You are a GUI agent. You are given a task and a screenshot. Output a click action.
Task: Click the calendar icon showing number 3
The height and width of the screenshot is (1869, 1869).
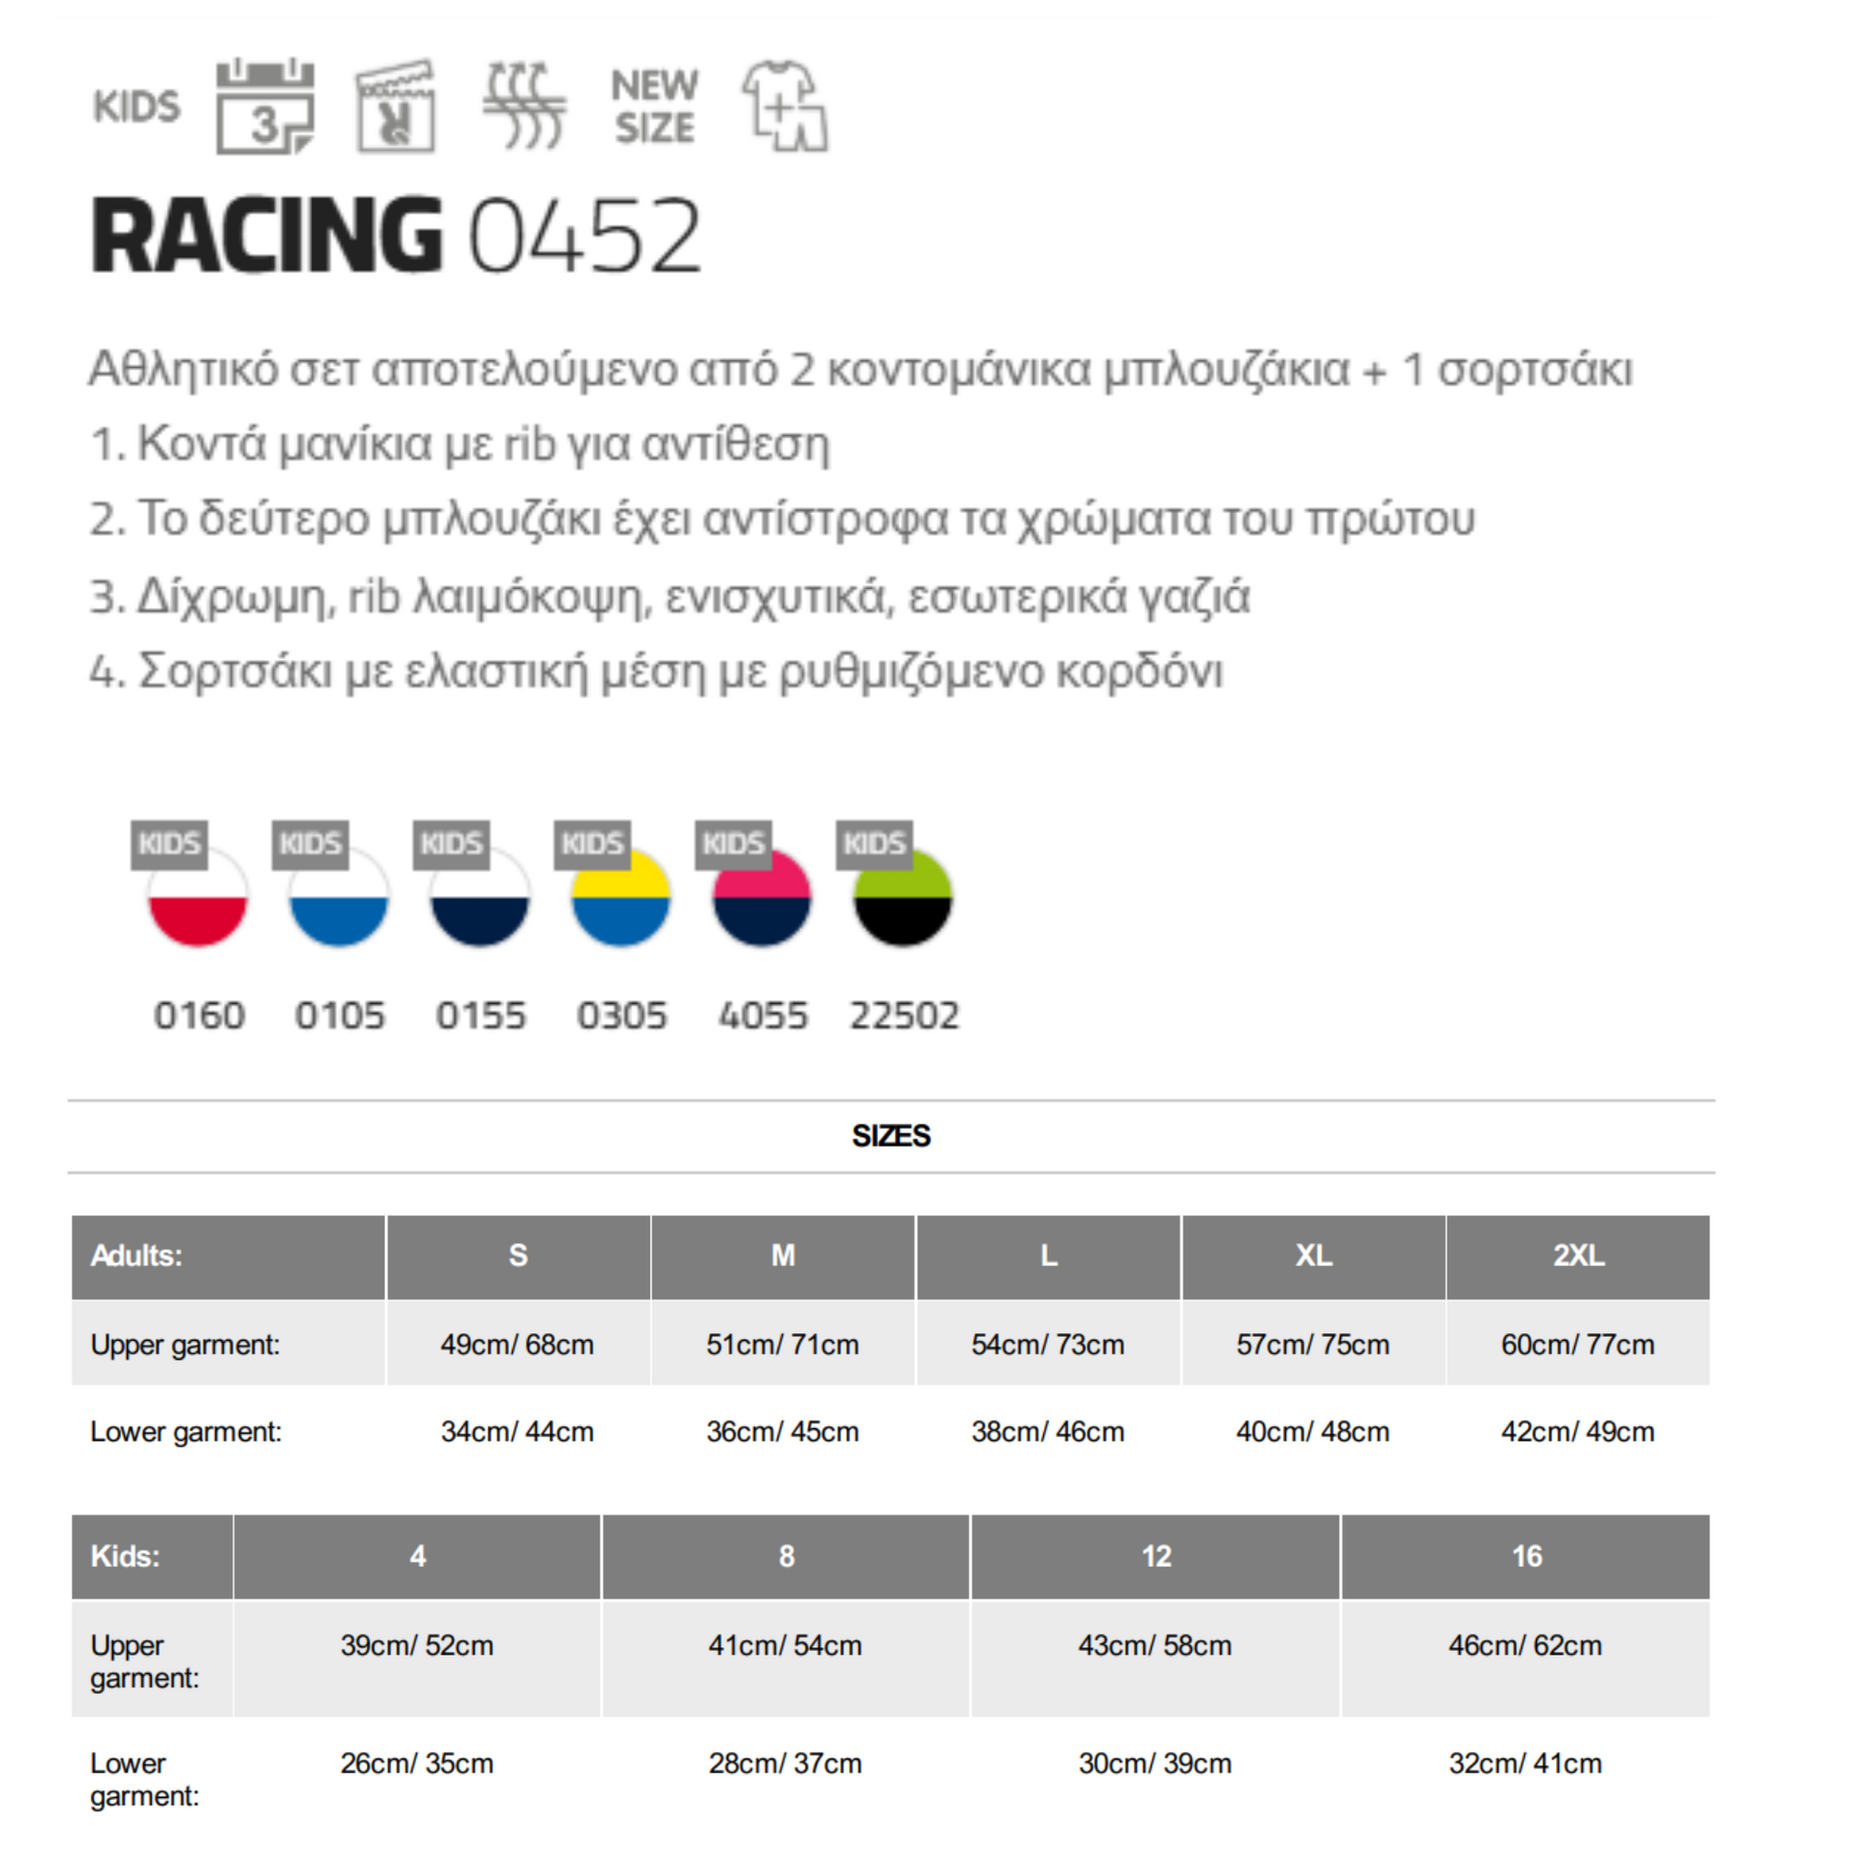click(265, 107)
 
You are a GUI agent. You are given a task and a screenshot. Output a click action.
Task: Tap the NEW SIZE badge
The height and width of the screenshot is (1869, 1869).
click(654, 107)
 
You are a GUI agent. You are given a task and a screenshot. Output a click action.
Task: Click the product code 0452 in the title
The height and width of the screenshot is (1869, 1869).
click(584, 236)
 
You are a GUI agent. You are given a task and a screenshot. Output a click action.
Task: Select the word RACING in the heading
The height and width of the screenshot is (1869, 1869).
click(267, 236)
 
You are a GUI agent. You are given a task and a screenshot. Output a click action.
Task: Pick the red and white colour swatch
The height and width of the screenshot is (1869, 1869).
click(197, 897)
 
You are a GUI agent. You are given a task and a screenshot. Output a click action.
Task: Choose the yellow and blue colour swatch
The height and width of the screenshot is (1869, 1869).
click(620, 897)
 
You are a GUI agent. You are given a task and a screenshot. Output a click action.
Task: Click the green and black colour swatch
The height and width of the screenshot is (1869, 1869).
click(903, 897)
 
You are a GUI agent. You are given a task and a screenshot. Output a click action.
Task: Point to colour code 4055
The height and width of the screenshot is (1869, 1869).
click(763, 1016)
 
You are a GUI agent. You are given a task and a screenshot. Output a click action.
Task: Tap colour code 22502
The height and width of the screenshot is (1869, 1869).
click(904, 1016)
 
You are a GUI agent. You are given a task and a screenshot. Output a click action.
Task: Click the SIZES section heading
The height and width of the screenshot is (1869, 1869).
click(890, 1136)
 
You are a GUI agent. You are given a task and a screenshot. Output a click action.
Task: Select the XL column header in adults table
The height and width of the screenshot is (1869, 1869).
click(1313, 1255)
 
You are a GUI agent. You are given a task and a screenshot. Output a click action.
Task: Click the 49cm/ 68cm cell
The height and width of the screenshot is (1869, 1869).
click(517, 1344)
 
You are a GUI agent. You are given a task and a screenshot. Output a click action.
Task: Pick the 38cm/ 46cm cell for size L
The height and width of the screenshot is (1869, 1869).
click(1048, 1431)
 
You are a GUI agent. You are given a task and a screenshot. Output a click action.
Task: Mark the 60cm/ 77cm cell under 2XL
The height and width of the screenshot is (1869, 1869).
click(1577, 1344)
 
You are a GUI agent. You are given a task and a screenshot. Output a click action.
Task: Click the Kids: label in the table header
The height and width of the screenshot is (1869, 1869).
click(125, 1557)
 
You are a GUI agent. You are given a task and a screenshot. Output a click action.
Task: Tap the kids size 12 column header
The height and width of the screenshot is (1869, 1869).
click(1155, 1557)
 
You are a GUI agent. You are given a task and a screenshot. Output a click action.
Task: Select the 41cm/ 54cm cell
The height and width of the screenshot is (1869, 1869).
click(785, 1645)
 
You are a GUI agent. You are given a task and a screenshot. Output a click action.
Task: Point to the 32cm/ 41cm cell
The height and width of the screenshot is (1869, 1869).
click(1524, 1763)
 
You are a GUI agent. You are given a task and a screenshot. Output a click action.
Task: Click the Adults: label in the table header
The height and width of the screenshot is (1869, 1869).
click(136, 1255)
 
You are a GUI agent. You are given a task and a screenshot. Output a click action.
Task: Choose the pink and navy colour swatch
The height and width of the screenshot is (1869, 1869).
click(762, 897)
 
